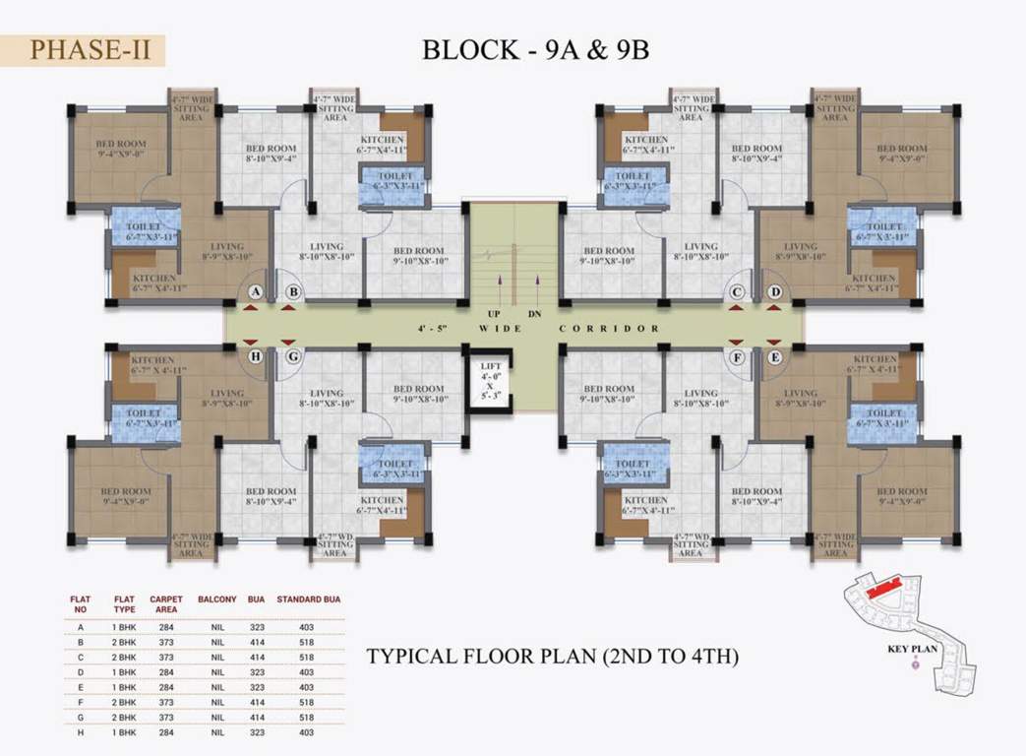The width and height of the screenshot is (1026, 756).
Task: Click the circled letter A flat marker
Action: coord(256,292)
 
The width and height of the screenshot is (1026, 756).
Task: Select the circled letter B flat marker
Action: coord(293,292)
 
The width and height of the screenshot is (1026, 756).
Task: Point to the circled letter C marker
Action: coord(736,292)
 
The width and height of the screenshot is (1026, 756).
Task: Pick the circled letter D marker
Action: coord(774,292)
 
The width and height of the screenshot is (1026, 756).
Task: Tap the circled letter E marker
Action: coord(774,357)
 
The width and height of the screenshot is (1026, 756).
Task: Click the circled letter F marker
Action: coord(737,357)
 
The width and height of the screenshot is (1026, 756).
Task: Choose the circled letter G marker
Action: coord(293,357)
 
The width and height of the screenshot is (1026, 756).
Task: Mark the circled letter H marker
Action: coord(256,357)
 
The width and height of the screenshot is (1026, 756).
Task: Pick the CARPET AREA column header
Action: coord(166,603)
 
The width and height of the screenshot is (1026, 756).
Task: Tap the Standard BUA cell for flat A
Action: coord(307,626)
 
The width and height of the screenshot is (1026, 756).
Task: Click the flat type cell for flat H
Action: coord(124,732)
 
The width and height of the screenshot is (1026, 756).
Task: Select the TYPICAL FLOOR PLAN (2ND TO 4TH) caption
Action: coord(552,656)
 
